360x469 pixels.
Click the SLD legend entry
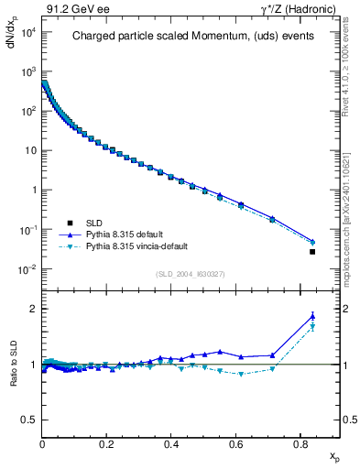pos(94,222)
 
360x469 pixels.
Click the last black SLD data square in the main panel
pos(312,252)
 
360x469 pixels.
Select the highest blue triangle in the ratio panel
pos(312,316)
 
